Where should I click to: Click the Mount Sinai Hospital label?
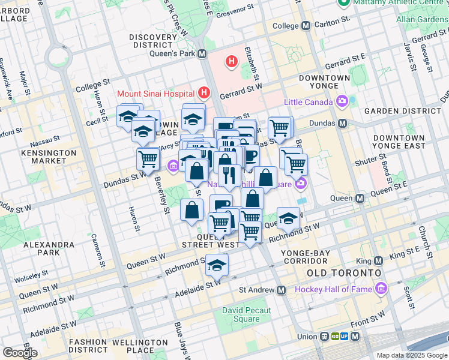pos(155,94)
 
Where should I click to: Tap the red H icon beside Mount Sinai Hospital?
pos(205,93)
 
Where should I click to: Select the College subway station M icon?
pos(306,26)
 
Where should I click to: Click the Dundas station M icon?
pos(343,123)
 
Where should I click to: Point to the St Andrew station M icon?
pos(282,290)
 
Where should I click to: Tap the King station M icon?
pos(378,261)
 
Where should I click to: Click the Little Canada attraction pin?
pos(343,101)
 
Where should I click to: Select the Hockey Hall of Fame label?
pos(334,290)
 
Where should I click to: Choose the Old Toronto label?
pos(343,273)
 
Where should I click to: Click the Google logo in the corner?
pos(20,352)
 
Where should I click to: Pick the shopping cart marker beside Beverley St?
pos(148,159)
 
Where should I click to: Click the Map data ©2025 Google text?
pos(411,355)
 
